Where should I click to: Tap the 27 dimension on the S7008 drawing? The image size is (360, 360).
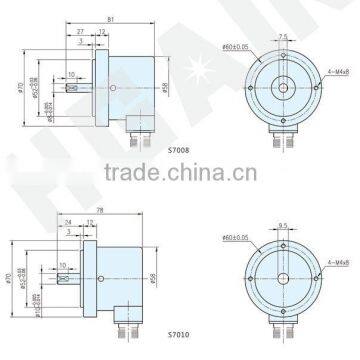pos(80,32)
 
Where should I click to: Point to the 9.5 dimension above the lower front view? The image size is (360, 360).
pos(284,226)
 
